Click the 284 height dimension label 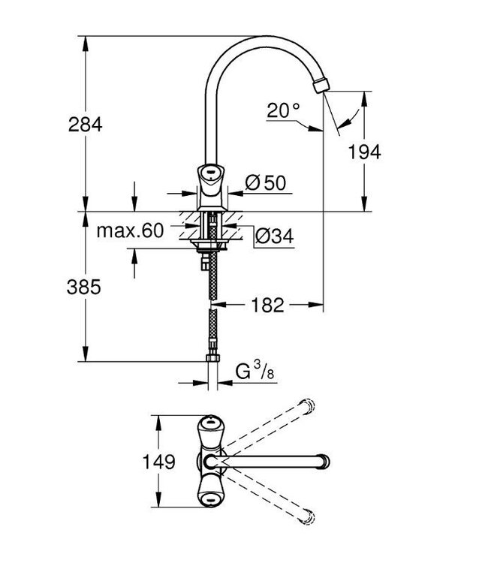[x=83, y=125]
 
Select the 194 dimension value [x=364, y=152]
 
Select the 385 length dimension [x=83, y=287]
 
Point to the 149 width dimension [x=159, y=460]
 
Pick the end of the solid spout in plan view [x=324, y=459]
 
